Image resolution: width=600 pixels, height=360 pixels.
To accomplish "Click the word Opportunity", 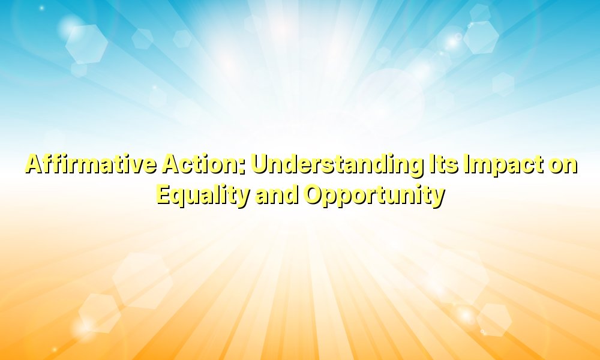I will click(373, 195).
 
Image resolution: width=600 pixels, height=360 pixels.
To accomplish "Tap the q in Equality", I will click(179, 197).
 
